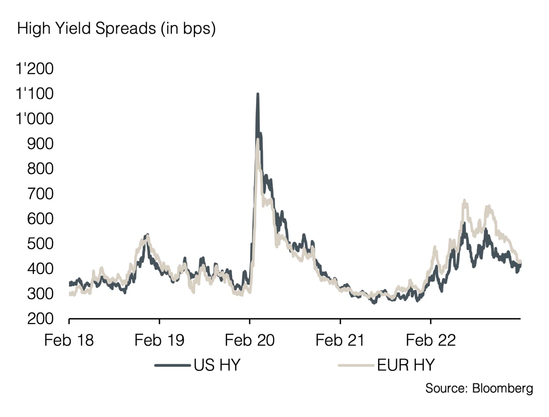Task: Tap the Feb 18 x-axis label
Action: pos(69,340)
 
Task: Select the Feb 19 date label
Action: pos(160,340)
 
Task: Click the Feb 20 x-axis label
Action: pos(250,340)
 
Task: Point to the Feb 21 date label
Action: pos(340,340)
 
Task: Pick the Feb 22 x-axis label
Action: pos(431,340)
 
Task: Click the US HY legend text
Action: pos(217,365)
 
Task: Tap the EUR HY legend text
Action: pos(406,365)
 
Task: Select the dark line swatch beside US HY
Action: pos(173,365)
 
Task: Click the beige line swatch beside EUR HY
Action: pos(355,365)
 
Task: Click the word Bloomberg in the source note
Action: pos(502,388)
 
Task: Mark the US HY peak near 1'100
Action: pos(258,94)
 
